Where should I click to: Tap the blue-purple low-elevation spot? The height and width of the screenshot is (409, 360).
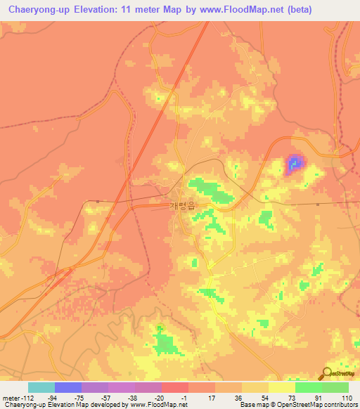coord(294,164)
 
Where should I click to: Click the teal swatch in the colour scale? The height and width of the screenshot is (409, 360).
coord(41,387)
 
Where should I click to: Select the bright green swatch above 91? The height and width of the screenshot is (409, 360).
coord(309,387)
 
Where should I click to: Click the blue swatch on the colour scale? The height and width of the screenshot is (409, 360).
coord(68,387)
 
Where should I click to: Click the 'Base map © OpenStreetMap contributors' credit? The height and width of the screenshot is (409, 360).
coord(297,405)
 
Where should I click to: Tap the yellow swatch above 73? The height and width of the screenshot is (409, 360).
coord(282,387)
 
